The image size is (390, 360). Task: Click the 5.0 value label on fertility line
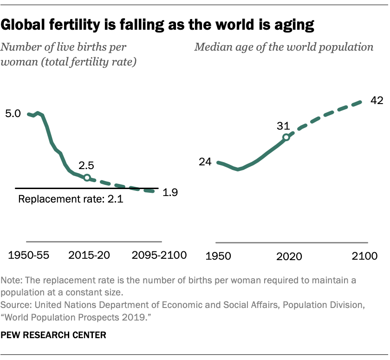point(13,114)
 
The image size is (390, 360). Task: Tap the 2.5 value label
point(87,165)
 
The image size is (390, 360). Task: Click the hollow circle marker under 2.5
point(87,177)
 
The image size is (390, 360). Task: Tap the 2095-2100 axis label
point(159,255)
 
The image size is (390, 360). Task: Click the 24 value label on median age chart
point(205,162)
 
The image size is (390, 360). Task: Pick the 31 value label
point(284,126)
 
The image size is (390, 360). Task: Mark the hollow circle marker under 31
point(286,137)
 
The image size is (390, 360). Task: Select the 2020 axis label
point(289,256)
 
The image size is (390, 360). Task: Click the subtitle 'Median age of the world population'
point(284,47)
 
